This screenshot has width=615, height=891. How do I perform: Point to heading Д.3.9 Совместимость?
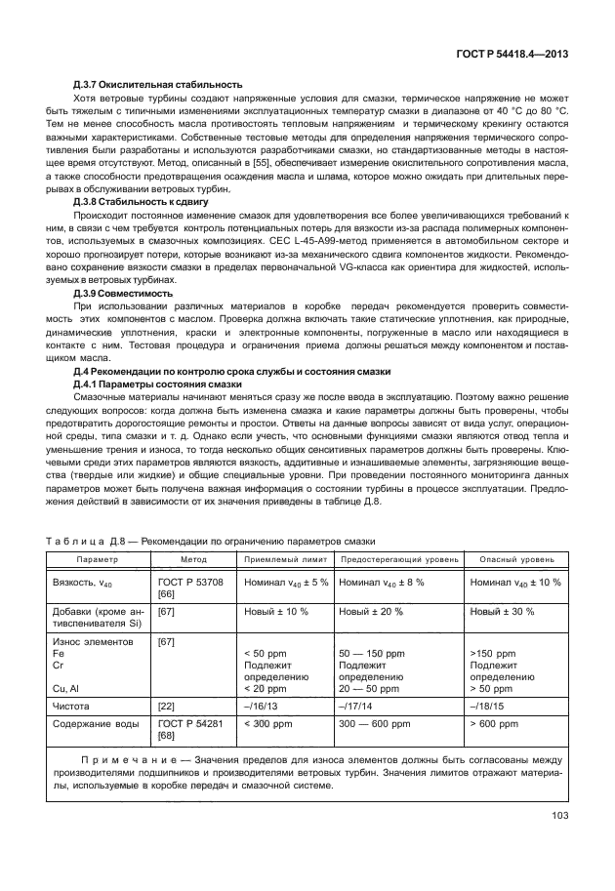pyautogui.click(x=124, y=293)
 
